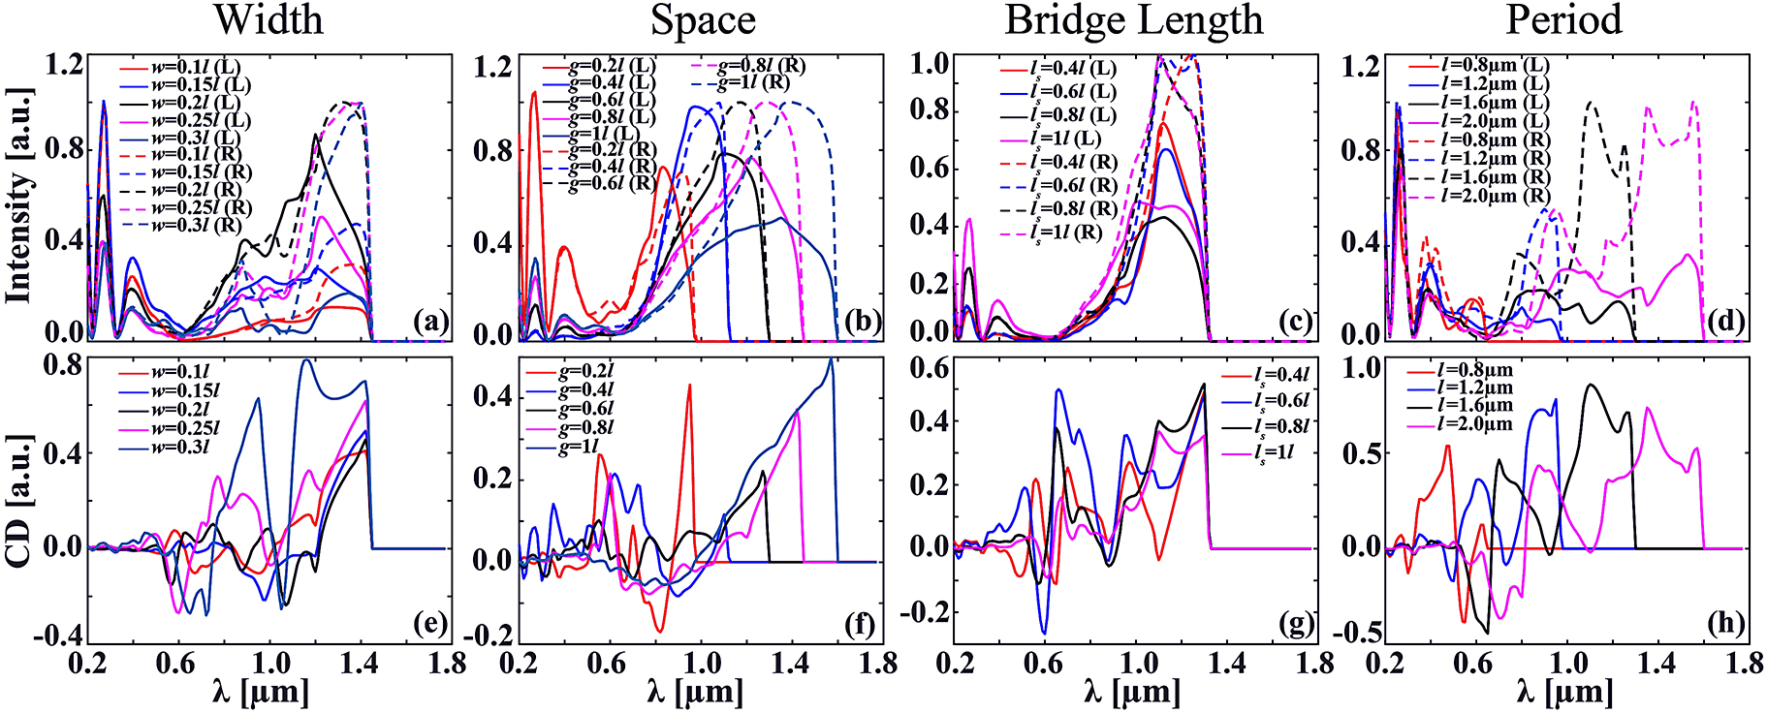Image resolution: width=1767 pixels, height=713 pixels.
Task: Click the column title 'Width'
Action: [x=268, y=20]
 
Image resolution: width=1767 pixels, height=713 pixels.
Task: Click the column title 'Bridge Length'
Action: [x=1133, y=20]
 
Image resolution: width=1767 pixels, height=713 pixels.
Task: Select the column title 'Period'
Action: [x=1562, y=20]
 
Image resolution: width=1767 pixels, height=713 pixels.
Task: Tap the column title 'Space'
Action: [x=702, y=20]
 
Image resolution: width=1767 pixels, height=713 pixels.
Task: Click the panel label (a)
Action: [x=429, y=323]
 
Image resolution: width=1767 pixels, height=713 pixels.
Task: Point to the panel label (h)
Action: [x=1725, y=625]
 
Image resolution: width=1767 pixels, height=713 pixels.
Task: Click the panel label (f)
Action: [x=859, y=625]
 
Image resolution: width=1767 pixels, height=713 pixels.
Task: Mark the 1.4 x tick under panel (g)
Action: [x=1227, y=666]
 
